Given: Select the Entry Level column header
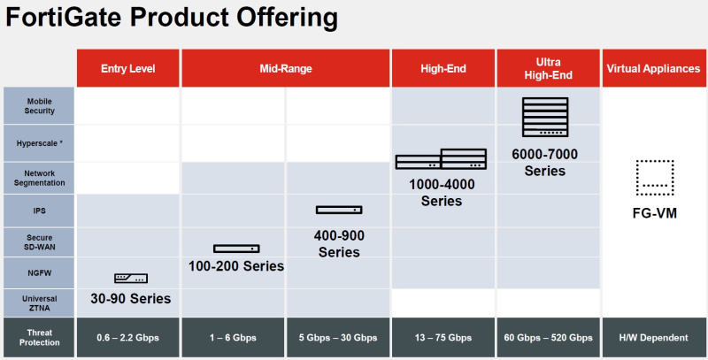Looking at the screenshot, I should pyautogui.click(x=128, y=68).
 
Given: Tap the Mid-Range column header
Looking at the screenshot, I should pyautogui.click(x=285, y=68).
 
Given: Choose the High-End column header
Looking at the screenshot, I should pyautogui.click(x=442, y=68).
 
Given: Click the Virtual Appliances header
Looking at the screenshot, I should pyautogui.click(x=654, y=68).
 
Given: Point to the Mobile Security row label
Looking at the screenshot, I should pyautogui.click(x=39, y=106).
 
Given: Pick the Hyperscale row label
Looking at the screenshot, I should pyautogui.click(x=39, y=142).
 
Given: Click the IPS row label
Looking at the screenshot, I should pyautogui.click(x=39, y=211).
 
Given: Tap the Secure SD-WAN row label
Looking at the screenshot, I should pyautogui.click(x=39, y=242).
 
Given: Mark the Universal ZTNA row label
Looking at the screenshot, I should pyautogui.click(x=39, y=303).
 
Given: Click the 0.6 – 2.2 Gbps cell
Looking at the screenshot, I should pyautogui.click(x=128, y=338).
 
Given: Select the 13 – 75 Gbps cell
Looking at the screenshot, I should pyautogui.click(x=442, y=338).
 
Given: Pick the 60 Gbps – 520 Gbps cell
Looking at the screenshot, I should pyautogui.click(x=549, y=338).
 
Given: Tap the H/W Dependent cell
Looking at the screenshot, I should pyautogui.click(x=654, y=338).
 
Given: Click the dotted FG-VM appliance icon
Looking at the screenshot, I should pyautogui.click(x=654, y=178).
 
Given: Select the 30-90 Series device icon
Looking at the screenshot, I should pyautogui.click(x=131, y=279).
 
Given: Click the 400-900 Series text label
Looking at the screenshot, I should pyautogui.click(x=339, y=243).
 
